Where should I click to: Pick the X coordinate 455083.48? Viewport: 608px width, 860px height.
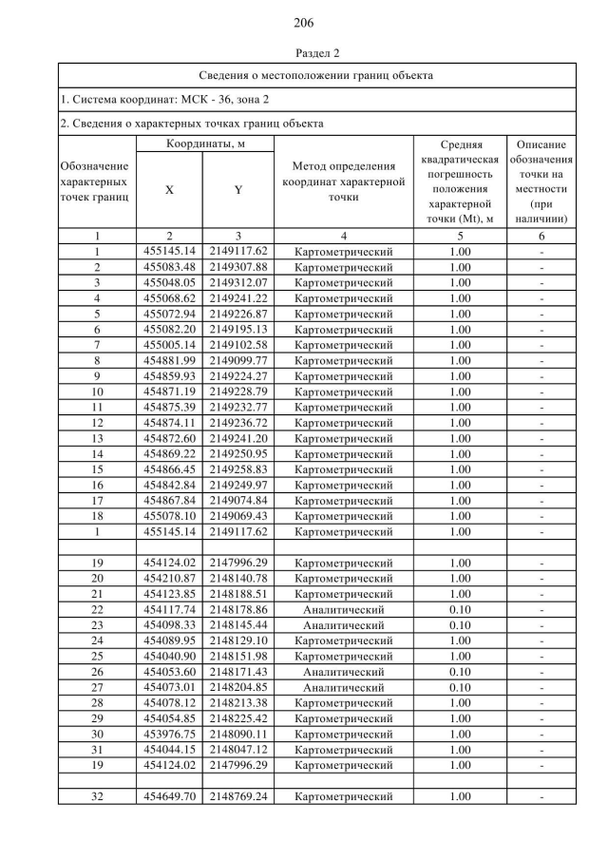(x=169, y=267)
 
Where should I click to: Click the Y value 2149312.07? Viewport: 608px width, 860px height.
(x=238, y=282)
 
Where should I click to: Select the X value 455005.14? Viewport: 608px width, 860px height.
(x=169, y=345)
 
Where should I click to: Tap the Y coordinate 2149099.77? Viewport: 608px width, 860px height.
(x=238, y=360)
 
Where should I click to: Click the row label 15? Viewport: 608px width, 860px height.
(x=97, y=469)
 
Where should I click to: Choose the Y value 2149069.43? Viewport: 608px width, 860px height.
(x=238, y=516)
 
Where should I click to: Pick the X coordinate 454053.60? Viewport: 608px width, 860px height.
(x=169, y=672)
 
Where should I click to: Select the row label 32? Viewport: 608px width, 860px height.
(x=97, y=796)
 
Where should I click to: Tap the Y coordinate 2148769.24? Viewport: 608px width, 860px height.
(x=238, y=796)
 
